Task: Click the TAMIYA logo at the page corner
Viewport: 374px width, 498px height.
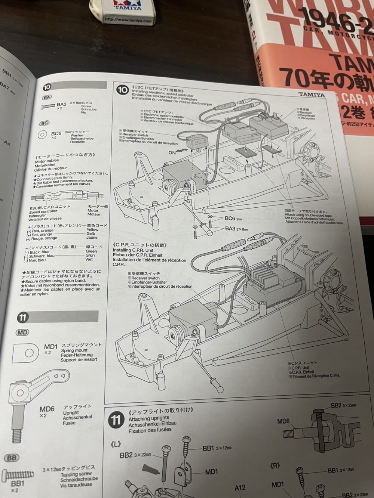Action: (x=312, y=95)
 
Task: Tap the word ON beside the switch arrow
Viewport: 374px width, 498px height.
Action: (x=172, y=152)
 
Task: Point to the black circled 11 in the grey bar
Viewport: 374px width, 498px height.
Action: (x=22, y=318)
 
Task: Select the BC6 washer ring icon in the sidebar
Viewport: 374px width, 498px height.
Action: (x=43, y=134)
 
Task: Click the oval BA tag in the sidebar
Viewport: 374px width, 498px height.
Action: (x=47, y=98)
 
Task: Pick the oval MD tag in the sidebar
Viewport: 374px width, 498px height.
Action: (x=22, y=332)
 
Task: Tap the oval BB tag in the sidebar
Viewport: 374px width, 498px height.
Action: (x=12, y=458)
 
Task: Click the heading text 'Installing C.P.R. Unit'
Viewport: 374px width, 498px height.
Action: (x=133, y=250)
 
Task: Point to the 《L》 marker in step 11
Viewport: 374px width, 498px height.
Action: (x=116, y=444)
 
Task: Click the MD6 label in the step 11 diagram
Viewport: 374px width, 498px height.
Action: (x=283, y=421)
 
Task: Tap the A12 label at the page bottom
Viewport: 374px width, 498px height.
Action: (x=240, y=488)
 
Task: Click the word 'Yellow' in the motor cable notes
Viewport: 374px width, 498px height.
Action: (x=92, y=229)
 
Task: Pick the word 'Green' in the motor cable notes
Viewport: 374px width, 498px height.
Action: (x=91, y=251)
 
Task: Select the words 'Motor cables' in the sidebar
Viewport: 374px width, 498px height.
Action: (x=47, y=161)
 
